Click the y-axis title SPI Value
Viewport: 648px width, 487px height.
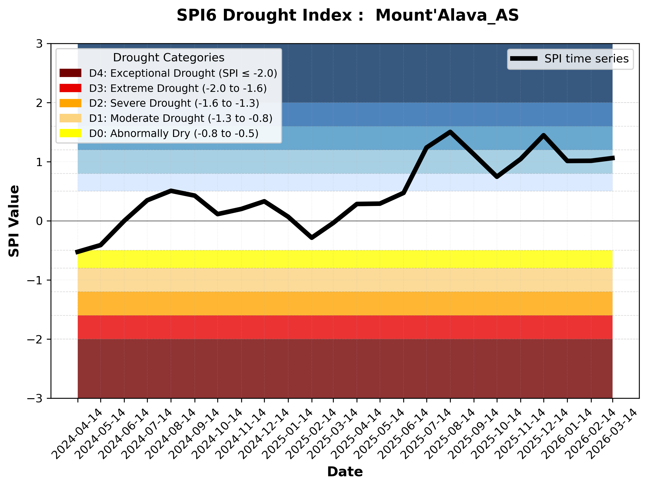click(14, 221)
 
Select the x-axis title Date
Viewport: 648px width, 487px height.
click(345, 472)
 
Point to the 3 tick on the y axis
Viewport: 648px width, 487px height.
click(39, 44)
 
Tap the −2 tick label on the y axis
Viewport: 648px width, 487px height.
click(35, 340)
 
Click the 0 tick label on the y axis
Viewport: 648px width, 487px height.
click(39, 221)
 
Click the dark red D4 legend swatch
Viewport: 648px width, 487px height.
click(70, 73)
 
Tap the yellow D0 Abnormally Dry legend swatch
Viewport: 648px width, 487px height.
click(70, 133)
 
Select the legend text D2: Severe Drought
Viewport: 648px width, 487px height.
click(174, 103)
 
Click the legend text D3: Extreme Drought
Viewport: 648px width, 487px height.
click(178, 88)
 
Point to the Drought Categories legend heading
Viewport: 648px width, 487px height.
click(168, 58)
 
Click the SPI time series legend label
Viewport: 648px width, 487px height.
click(586, 59)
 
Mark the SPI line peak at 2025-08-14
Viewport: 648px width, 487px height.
click(450, 132)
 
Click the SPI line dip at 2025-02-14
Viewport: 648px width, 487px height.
click(312, 238)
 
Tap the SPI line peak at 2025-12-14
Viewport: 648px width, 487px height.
click(544, 135)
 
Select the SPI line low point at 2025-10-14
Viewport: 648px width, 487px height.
click(497, 177)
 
